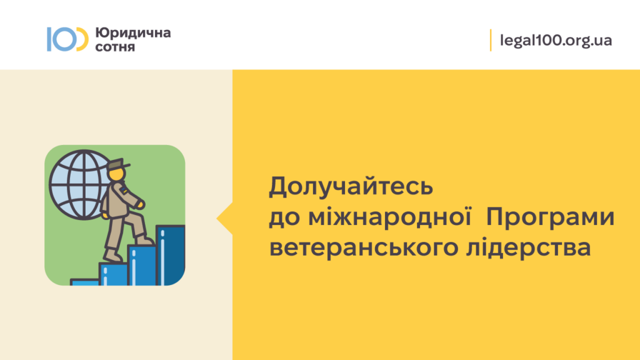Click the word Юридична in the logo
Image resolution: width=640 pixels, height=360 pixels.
coord(133,32)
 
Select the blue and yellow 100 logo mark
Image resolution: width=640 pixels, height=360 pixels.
coord(67,39)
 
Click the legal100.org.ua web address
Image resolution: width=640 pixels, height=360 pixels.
coord(556,41)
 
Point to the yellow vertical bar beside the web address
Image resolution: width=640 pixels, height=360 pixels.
coord(491,40)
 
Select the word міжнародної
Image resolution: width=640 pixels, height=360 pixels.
coord(390,216)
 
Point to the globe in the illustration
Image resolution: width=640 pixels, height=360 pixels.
coord(80,185)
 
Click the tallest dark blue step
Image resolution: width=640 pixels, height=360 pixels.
coord(171,255)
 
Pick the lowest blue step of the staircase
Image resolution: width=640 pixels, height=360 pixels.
coord(84,282)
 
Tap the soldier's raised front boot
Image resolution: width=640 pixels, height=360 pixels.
coord(144,240)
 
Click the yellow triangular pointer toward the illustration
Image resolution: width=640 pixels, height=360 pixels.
coord(225,219)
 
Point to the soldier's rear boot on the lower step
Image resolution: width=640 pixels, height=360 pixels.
coord(112,256)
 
